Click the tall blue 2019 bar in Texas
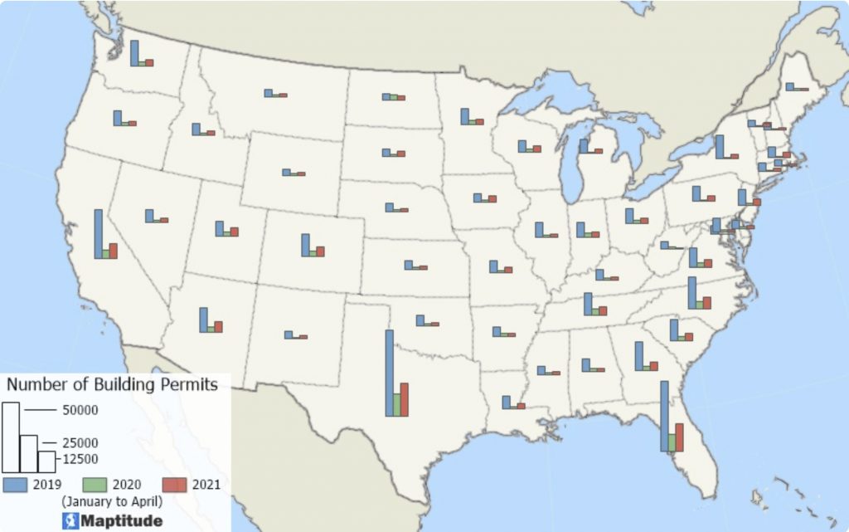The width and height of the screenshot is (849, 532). [389, 373]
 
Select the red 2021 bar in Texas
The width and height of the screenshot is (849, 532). [405, 399]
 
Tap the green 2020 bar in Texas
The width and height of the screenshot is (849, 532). [397, 404]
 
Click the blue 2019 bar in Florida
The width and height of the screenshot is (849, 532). [664, 416]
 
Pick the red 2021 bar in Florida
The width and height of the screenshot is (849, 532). [679, 437]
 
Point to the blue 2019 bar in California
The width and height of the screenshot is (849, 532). [98, 234]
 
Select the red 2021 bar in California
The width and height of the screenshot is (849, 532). [114, 251]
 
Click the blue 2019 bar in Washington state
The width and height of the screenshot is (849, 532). [135, 53]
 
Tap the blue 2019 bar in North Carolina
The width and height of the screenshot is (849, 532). [691, 293]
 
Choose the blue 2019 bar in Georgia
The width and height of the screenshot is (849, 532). [638, 356]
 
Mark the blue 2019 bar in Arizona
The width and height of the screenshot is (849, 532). [203, 320]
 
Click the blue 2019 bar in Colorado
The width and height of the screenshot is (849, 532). [305, 245]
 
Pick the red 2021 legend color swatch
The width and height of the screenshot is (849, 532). [174, 485]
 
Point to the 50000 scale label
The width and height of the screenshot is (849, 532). [80, 410]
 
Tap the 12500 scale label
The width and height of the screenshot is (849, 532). [80, 459]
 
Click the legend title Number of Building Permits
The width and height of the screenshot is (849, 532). [112, 384]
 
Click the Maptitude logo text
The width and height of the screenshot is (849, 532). [119, 521]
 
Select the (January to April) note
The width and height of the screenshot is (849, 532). [112, 501]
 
